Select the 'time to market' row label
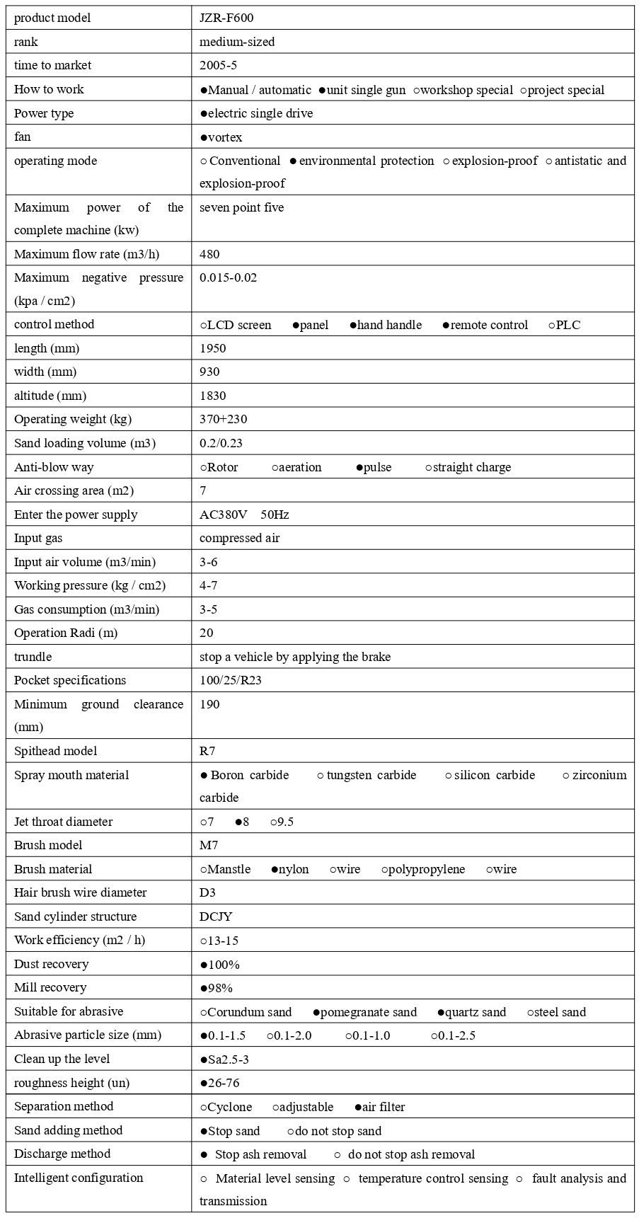53,66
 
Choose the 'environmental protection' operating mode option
366,161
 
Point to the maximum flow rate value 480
209,254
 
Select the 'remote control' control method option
489,326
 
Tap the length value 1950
213,349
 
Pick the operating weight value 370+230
224,420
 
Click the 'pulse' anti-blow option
377,468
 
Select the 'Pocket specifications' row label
70,681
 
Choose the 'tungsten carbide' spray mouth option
371,776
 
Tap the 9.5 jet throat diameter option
285,822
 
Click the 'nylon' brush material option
294,870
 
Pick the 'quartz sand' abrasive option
475,1013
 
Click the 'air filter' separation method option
384,1108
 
